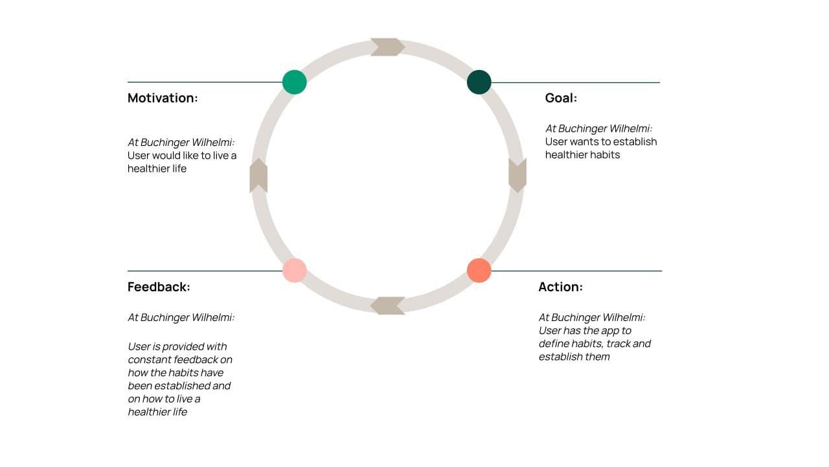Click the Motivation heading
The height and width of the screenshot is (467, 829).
click(x=163, y=98)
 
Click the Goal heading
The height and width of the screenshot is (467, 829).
click(x=561, y=98)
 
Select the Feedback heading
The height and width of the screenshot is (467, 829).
click(x=159, y=287)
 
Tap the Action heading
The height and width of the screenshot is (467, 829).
click(x=560, y=287)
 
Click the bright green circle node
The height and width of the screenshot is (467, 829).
click(x=295, y=82)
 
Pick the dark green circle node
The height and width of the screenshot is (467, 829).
click(x=479, y=82)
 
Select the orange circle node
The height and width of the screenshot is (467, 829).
click(x=479, y=270)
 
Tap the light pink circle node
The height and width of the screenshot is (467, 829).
click(x=295, y=270)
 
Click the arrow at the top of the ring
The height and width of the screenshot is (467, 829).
click(x=387, y=47)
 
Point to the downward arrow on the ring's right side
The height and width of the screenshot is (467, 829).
click(x=517, y=175)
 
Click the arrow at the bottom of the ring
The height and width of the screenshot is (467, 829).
click(x=387, y=305)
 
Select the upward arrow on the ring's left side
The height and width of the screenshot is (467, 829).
click(x=258, y=175)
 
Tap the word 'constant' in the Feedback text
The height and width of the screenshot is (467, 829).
click(x=150, y=359)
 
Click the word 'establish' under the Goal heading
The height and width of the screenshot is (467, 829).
click(x=635, y=141)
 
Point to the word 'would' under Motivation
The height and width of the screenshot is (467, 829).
click(x=167, y=156)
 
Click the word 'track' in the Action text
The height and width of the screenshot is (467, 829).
click(x=619, y=344)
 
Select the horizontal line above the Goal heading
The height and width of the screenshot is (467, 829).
click(x=576, y=82)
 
